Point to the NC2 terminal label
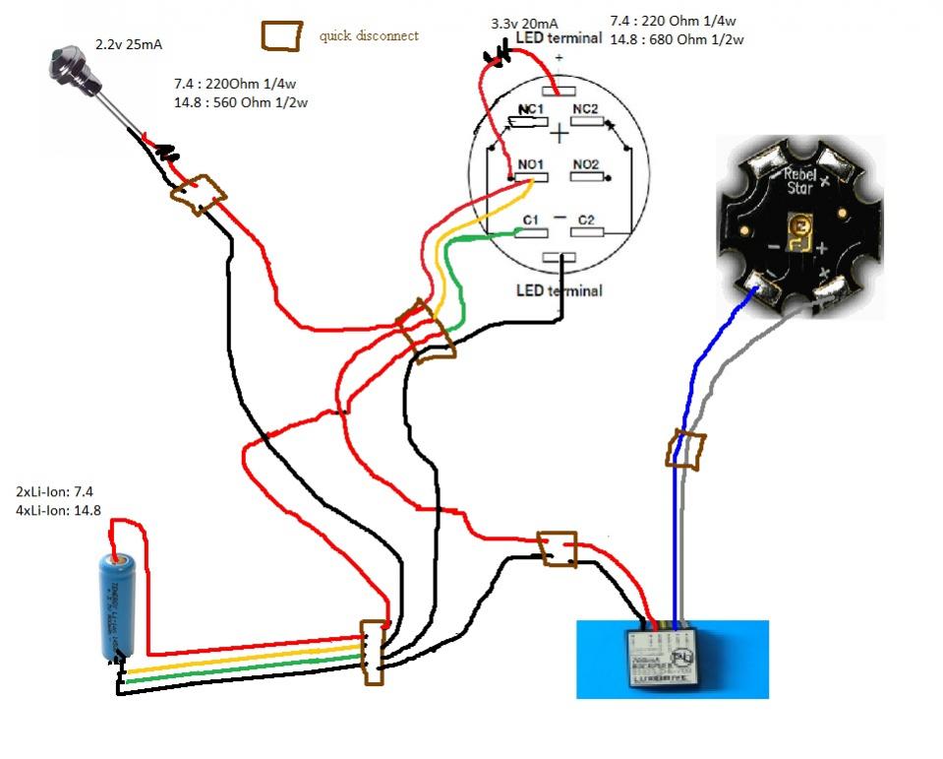point(586,107)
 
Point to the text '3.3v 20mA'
point(526,22)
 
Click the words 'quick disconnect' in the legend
point(369,36)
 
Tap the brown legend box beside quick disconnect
point(280,35)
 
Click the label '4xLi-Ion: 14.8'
point(58,510)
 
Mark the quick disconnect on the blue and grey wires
point(686,450)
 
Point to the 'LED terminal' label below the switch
point(559,290)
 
